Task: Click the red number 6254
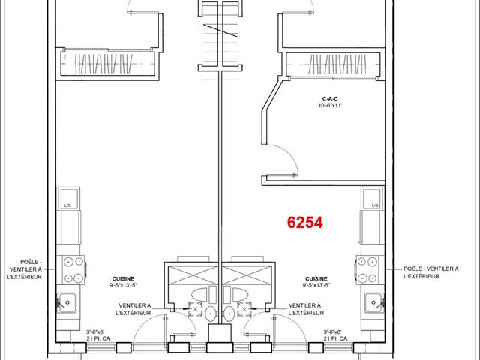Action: click(x=305, y=223)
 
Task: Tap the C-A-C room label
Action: click(x=330, y=99)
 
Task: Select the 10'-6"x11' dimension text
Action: click(x=330, y=106)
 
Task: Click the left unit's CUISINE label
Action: click(x=123, y=278)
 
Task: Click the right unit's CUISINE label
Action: click(x=316, y=278)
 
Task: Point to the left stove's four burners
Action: click(x=73, y=270)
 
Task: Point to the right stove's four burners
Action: click(x=367, y=270)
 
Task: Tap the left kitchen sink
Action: click(x=67, y=302)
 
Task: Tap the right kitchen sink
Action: click(x=374, y=302)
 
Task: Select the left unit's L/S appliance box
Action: click(x=69, y=198)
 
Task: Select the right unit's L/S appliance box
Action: click(x=372, y=198)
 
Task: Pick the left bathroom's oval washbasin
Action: click(x=210, y=313)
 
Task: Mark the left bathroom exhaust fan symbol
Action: click(x=195, y=309)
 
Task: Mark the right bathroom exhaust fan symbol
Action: click(x=244, y=309)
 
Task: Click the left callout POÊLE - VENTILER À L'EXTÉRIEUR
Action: click(x=25, y=269)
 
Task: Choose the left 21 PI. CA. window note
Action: click(x=98, y=338)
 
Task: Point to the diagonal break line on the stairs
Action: click(x=220, y=31)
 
